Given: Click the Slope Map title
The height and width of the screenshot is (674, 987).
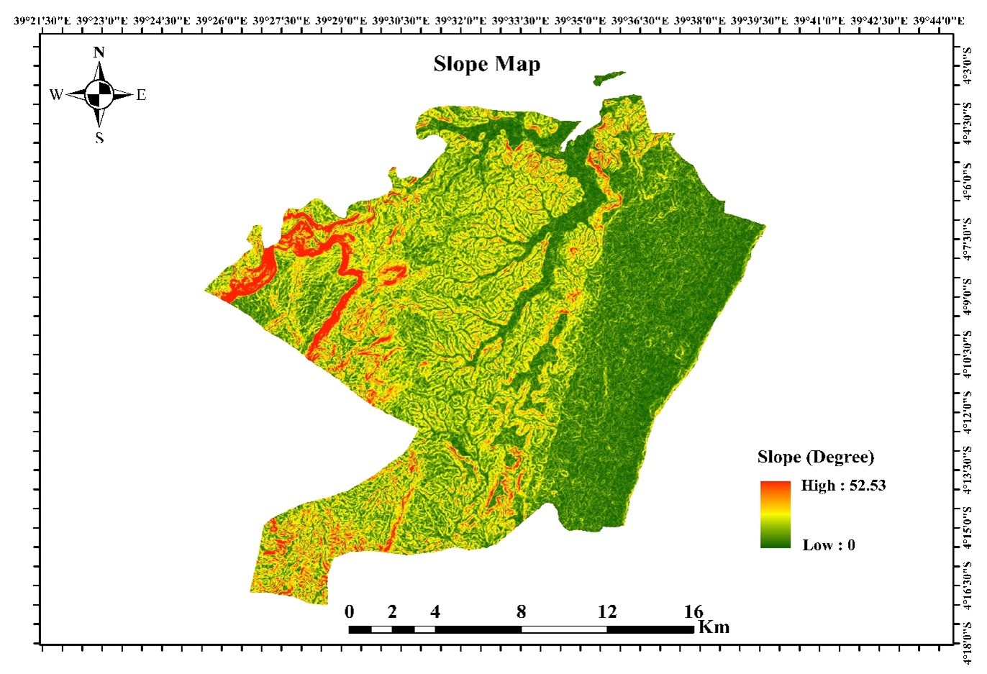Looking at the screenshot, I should [486, 65].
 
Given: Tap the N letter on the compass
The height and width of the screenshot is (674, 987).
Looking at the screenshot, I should [99, 53].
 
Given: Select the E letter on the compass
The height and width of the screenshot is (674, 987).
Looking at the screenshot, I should [141, 95].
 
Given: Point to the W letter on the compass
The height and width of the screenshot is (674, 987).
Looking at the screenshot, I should [56, 95].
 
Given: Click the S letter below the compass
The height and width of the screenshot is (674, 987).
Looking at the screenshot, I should [99, 138].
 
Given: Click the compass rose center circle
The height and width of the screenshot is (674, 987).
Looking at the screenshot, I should [99, 94].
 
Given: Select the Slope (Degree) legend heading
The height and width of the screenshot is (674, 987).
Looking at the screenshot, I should [815, 457].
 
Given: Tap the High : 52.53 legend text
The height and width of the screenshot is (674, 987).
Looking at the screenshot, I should [843, 486].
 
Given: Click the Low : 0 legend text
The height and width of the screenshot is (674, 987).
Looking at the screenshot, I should [829, 545].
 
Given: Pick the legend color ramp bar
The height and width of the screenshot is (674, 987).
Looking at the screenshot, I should [775, 514].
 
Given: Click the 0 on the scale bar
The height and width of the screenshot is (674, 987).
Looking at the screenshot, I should [350, 612].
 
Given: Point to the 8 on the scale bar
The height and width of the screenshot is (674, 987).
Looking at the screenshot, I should [521, 612].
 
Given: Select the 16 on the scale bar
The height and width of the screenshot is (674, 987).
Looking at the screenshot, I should [693, 612].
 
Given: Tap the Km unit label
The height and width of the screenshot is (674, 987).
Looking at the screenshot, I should [714, 627].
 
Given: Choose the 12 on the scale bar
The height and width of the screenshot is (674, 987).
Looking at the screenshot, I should [607, 612].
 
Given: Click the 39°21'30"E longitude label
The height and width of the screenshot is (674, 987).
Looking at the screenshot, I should [42, 21].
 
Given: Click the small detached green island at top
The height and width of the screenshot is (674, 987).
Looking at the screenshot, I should [609, 78].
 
